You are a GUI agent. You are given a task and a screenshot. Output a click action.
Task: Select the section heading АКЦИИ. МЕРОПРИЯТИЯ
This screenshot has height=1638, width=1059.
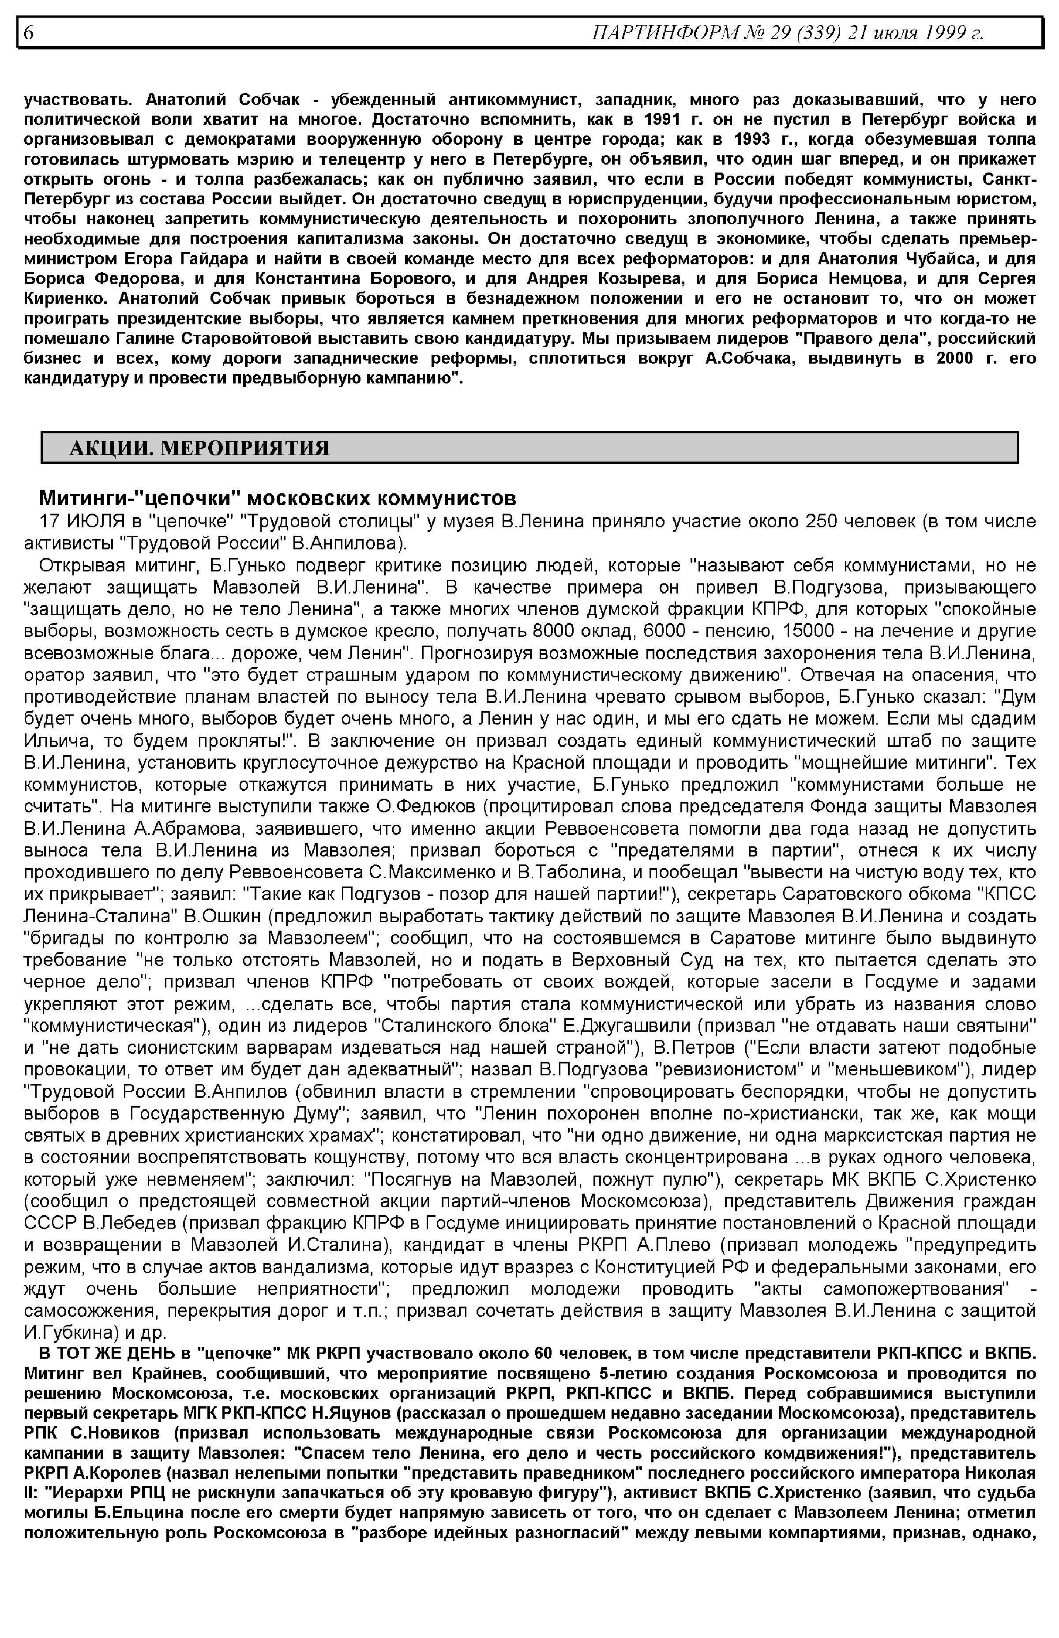pos(199,448)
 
